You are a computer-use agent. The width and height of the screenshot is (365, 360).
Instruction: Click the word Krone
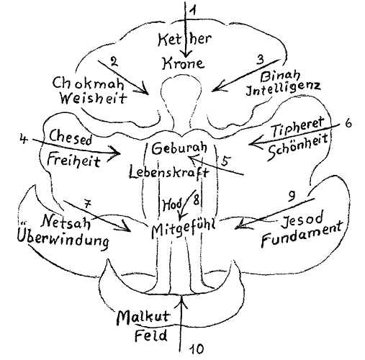click(184, 63)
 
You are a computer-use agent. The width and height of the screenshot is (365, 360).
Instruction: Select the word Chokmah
click(89, 84)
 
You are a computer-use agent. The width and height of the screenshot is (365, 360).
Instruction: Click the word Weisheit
click(94, 98)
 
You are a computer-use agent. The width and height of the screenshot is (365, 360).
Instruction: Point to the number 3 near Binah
click(260, 60)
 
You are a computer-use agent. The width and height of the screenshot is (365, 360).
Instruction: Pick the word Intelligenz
click(283, 89)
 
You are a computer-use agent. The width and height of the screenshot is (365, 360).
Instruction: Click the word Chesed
click(71, 138)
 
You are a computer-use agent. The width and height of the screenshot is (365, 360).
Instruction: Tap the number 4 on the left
click(24, 140)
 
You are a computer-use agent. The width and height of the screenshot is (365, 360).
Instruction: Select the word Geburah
click(179, 148)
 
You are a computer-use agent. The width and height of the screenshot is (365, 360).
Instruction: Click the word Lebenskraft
click(169, 172)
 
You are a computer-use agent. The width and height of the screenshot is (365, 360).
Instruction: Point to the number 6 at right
click(348, 123)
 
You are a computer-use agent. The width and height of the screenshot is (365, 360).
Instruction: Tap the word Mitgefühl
click(184, 229)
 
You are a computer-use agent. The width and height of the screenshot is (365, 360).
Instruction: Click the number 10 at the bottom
click(197, 349)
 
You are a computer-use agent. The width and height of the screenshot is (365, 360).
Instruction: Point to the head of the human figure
click(181, 89)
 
